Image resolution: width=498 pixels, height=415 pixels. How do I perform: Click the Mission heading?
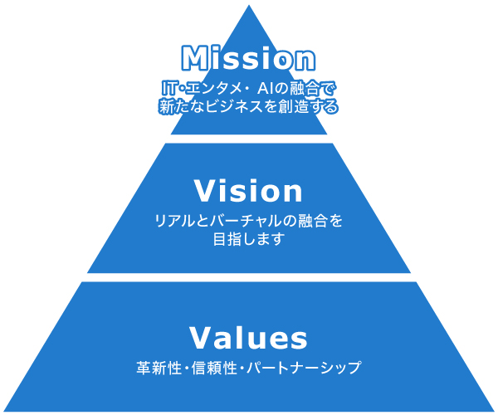[248, 58]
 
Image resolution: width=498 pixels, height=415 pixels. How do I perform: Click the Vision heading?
[248, 191]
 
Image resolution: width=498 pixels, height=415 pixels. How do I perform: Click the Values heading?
[248, 338]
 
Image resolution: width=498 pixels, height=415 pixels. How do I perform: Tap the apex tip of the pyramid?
[249, 7]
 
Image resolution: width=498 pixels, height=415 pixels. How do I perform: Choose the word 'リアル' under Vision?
[172, 222]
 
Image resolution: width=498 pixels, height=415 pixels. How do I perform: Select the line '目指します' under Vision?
[248, 240]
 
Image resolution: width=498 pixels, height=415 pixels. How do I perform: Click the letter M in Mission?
[193, 58]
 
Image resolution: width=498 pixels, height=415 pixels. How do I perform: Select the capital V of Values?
[202, 338]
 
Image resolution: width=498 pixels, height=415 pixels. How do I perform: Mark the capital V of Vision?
[204, 191]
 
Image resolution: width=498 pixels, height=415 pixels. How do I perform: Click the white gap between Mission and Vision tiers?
[248, 139]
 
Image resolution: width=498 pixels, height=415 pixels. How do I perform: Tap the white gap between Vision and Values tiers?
[248, 277]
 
